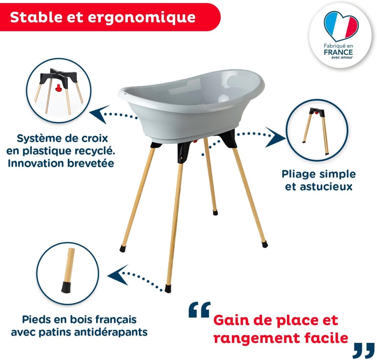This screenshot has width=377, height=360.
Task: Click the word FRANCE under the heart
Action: coord(338,52)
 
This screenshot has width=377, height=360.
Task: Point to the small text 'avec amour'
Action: coord(342,57)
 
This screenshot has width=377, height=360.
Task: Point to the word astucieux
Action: coord(326,187)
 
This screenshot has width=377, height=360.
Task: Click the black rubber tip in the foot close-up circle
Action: coord(66,287)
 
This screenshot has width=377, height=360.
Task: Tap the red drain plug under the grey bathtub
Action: coord(195,141)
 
